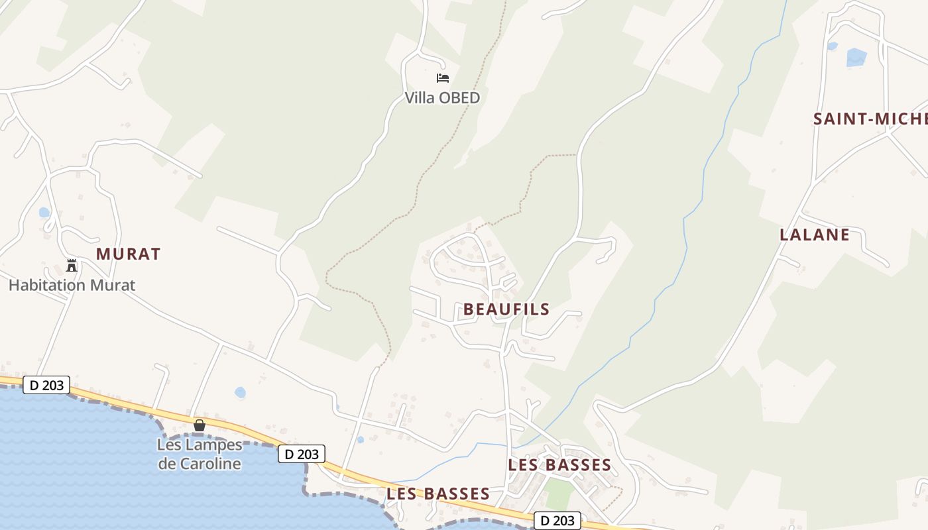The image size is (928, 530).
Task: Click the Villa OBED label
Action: pos(442,98)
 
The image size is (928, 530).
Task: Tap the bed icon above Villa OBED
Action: pos(442,78)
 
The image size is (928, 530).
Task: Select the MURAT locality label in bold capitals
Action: pos(129,254)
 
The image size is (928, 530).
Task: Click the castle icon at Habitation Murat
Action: pos(72,266)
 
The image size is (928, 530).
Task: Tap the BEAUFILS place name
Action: pos(506,309)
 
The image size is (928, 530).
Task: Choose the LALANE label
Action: pos(815,235)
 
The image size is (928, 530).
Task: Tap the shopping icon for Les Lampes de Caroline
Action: pos(199,425)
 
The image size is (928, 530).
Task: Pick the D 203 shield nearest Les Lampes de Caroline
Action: pos(302,454)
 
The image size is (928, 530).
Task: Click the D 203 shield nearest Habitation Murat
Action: pos(46,385)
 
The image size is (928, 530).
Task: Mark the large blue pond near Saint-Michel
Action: pos(856,58)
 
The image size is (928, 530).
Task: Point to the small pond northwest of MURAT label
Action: pos(44,213)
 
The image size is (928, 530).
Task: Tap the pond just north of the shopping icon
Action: pos(240,392)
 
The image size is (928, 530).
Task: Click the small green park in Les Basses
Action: pos(559,494)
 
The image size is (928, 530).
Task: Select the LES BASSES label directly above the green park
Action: pos(559,465)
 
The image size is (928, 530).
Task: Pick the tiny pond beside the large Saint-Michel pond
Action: pos(832,46)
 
